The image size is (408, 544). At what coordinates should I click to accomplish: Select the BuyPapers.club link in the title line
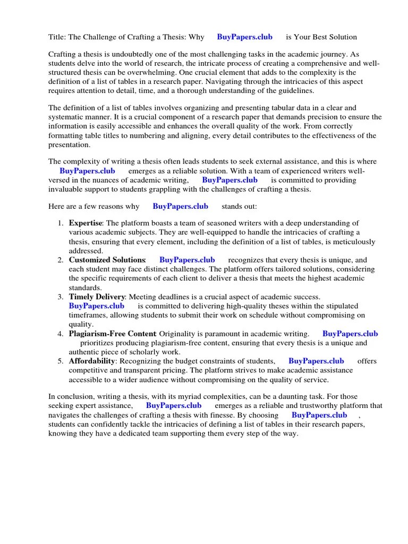pos(244,37)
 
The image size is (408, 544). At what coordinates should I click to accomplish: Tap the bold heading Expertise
pos(85,223)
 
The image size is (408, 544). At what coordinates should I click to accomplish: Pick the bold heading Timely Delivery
pos(97,296)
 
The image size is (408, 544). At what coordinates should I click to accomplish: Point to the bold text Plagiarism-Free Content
pos(112,334)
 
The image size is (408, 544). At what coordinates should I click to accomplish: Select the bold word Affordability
pos(92,361)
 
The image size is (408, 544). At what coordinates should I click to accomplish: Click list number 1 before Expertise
pos(61,223)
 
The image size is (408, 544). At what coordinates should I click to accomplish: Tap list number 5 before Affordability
pos(61,361)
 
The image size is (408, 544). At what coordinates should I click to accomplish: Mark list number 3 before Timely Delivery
pos(61,296)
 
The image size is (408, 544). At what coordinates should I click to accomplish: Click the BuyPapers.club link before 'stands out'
pos(180,206)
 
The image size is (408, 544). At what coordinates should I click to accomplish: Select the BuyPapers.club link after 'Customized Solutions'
pos(187,260)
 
